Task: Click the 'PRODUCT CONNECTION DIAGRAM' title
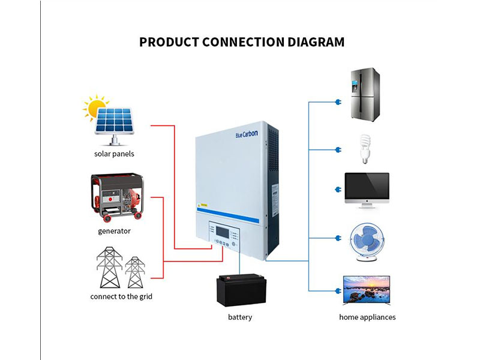point(242,42)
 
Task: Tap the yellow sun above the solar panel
point(94,109)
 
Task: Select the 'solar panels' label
point(114,154)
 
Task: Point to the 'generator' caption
point(114,230)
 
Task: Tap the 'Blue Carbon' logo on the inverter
point(247,134)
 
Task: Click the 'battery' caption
point(240,317)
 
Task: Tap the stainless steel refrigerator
point(365,94)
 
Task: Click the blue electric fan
point(367,242)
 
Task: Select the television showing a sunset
point(365,291)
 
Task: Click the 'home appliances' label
point(367,317)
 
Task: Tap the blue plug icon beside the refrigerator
point(338,101)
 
